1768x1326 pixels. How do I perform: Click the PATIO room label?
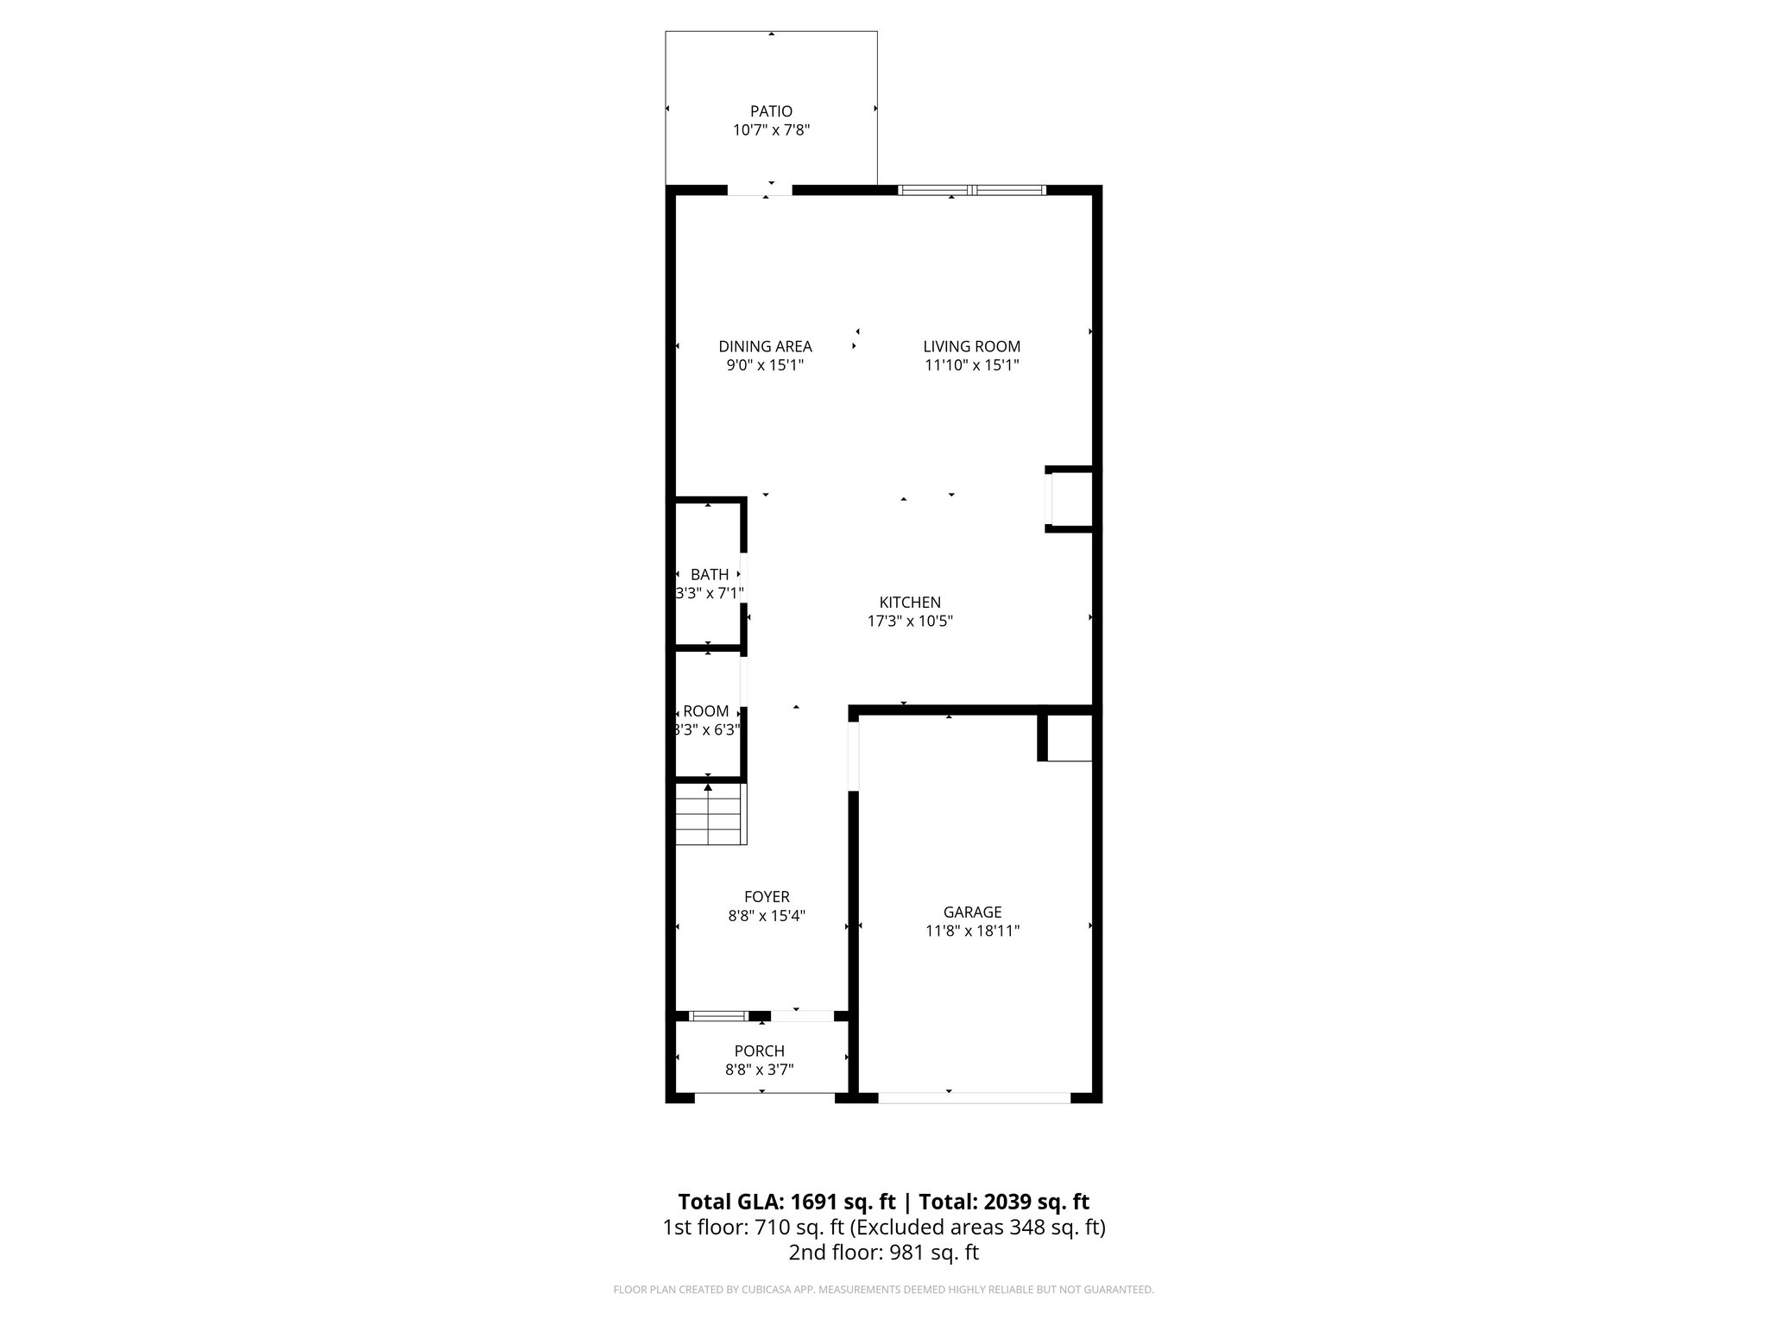771,111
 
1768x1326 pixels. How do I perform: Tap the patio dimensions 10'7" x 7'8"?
771,130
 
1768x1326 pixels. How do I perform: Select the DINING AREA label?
765,346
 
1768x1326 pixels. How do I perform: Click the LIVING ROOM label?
971,346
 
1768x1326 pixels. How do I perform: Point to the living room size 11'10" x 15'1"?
971,365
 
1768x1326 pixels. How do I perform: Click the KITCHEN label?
910,603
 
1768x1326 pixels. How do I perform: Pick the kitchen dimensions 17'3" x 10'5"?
910,621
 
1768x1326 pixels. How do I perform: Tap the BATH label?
710,575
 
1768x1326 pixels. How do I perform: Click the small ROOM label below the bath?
706,711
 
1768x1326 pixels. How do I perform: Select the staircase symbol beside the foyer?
710,814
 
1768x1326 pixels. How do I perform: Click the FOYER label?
767,897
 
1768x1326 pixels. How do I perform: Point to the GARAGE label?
972,912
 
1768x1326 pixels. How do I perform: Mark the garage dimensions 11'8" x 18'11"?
972,931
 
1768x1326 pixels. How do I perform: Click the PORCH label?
760,1051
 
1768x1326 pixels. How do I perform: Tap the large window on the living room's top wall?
972,190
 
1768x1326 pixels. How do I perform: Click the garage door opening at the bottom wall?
974,1098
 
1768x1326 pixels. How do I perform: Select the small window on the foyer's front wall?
718,1016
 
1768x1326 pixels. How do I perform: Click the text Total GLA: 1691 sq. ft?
787,1202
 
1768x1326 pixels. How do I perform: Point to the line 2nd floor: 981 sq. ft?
883,1253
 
